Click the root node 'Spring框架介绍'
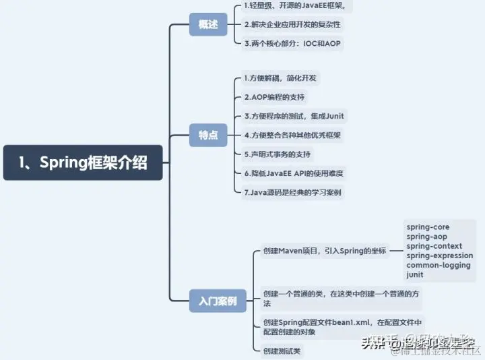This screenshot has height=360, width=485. point(83,162)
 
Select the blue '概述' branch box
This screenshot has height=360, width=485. point(208,24)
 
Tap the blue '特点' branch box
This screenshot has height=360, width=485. point(208,135)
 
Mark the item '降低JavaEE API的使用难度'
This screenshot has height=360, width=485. point(294,173)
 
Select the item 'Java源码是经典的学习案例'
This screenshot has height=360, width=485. point(293,192)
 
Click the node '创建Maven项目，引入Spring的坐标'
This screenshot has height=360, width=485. point(325,251)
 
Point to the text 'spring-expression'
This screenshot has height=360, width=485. point(440,256)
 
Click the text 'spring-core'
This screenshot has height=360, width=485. point(428,228)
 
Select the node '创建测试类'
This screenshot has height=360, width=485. point(283,351)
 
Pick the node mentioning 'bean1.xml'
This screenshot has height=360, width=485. point(344,327)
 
